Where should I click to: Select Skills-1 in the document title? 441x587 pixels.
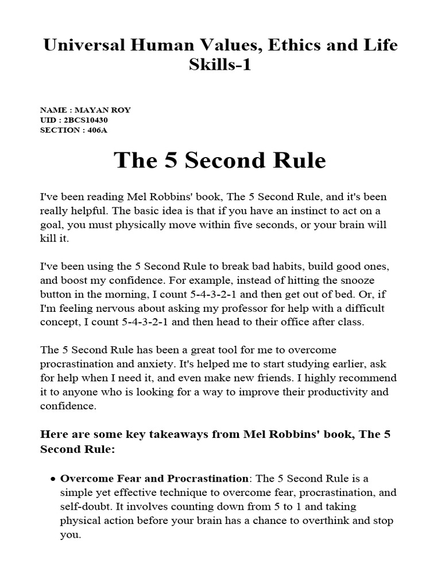[x=220, y=65]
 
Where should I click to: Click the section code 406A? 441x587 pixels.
[x=97, y=130]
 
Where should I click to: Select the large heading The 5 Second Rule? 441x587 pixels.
[x=220, y=160]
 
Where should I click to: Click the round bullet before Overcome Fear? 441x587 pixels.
[x=53, y=479]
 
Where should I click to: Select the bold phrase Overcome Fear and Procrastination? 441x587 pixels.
[x=155, y=478]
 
